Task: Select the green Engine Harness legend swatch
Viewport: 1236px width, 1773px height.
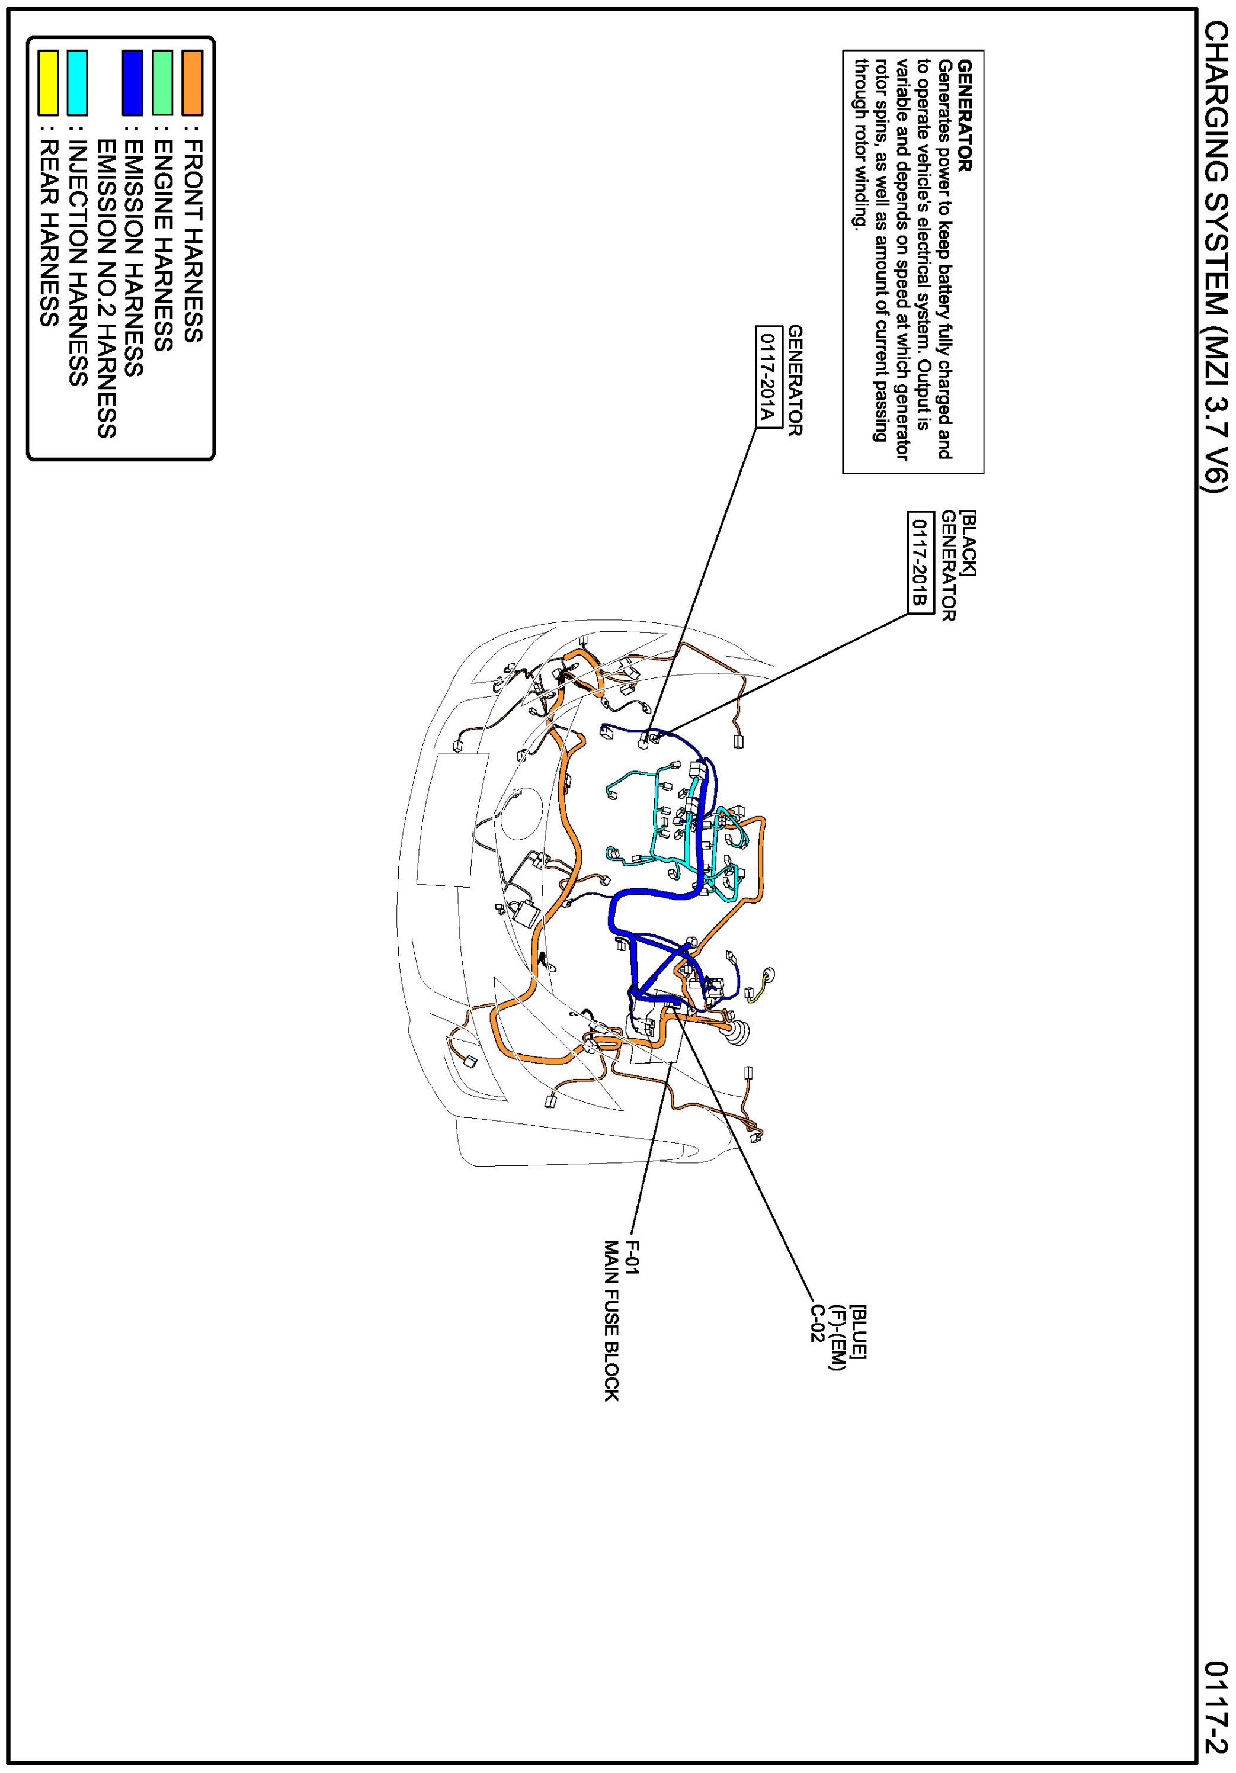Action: (x=162, y=83)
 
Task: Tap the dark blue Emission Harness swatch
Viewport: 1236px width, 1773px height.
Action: (x=133, y=83)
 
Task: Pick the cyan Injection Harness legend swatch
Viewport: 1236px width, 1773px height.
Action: (x=76, y=83)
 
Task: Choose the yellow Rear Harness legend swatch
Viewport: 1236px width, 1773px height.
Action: (x=49, y=83)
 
